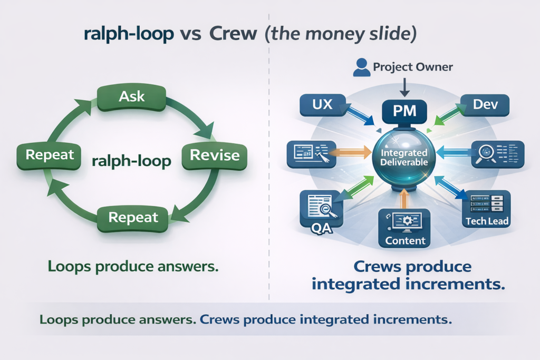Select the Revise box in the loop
click(x=214, y=155)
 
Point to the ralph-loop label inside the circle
click(x=131, y=160)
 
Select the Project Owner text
click(x=413, y=67)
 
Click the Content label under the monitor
click(x=405, y=240)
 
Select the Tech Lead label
click(x=487, y=221)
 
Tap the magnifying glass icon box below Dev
click(x=497, y=154)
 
